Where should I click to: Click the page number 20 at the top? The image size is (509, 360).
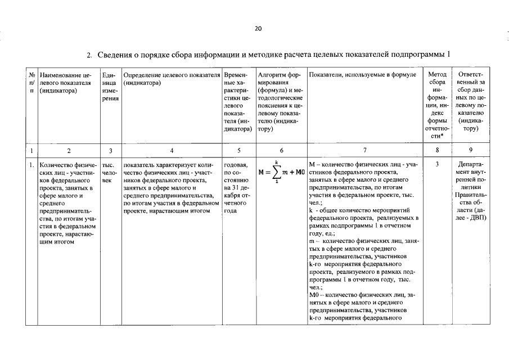(x=258, y=29)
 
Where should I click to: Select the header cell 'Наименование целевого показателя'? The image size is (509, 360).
(x=68, y=82)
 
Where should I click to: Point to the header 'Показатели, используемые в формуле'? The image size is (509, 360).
(x=363, y=74)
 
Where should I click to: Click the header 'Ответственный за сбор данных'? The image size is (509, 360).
(x=471, y=101)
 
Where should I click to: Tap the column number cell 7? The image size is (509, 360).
(x=364, y=150)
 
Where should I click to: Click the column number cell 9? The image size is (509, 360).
(x=471, y=150)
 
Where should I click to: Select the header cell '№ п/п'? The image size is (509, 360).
(x=32, y=82)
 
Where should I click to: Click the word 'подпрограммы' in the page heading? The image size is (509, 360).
(x=420, y=55)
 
